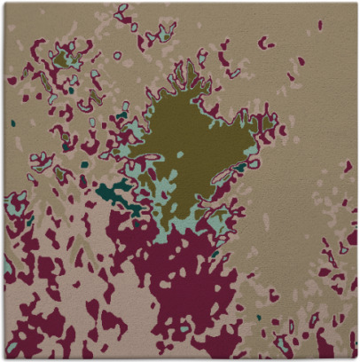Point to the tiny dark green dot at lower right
[x=259, y=317]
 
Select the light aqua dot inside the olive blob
[x=181, y=154]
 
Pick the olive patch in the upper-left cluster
[x=62, y=59]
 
